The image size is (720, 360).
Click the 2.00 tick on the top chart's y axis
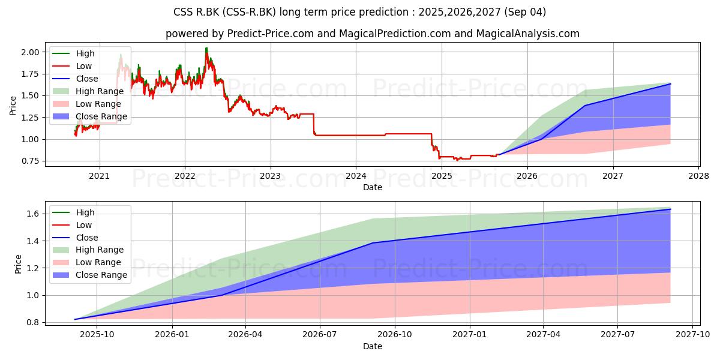30,52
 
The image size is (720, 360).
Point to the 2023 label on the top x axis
271,176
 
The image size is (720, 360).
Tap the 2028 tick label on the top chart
699,176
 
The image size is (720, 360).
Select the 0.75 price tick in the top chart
30,161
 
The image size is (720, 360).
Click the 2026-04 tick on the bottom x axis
245,335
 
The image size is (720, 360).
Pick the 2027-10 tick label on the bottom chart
692,335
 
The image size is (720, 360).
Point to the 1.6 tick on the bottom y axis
33,214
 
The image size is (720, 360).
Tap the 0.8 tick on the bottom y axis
33,322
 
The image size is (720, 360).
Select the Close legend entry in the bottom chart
75,238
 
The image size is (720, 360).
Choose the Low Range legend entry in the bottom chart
86,262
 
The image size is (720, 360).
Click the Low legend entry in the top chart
72,66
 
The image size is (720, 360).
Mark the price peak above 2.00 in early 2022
206,48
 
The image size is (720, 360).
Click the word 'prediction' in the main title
387,12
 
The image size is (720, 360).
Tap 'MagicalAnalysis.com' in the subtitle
527,34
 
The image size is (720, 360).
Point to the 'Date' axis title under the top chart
373,187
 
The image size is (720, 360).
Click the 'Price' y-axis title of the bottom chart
18,264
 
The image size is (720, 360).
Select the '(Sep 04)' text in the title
525,12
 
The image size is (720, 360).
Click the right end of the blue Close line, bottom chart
670,209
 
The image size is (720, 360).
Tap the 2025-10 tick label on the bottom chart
97,335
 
